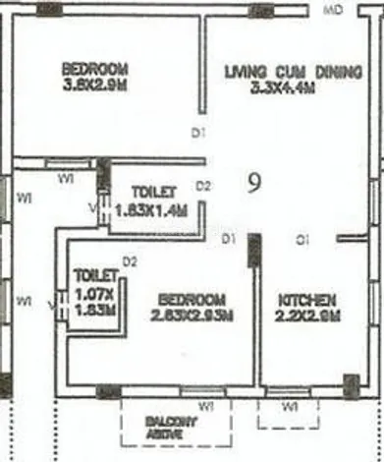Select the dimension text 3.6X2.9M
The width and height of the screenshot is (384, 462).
(95, 86)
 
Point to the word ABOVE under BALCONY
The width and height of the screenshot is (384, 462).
(161, 432)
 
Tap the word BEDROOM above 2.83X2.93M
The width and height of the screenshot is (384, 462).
(193, 300)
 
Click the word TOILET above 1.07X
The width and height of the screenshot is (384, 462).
(95, 277)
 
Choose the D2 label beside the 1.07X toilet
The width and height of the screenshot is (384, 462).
(129, 260)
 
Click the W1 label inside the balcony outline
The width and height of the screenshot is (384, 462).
(207, 405)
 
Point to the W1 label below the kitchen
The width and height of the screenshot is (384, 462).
(290, 407)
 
